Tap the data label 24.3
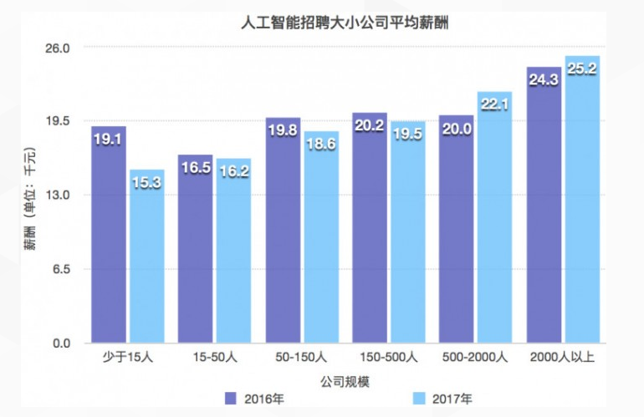click(543, 80)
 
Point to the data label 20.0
click(457, 129)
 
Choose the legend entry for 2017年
click(443, 399)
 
